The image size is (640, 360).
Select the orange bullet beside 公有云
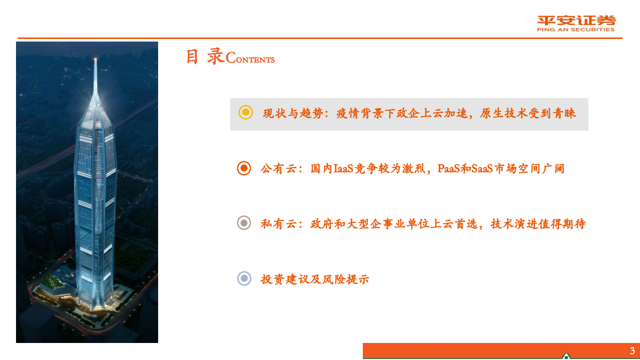244,168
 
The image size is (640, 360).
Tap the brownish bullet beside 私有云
244,223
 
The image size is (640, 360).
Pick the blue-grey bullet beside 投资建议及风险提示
244,278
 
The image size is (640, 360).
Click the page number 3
632,350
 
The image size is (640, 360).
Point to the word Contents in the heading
250,59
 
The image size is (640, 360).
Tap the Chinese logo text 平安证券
576,21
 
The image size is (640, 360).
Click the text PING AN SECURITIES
576,30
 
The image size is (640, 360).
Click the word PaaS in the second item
448,169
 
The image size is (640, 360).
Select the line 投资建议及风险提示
315,279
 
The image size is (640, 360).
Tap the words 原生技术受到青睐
528,113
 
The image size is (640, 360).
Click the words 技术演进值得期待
538,224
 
